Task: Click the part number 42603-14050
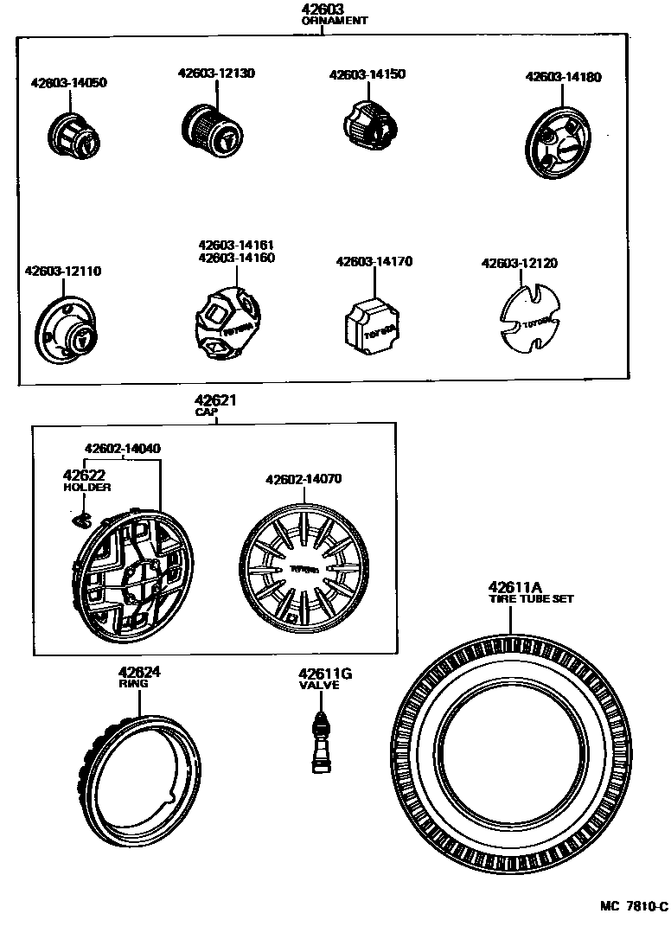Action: click(69, 83)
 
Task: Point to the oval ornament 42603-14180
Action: click(559, 143)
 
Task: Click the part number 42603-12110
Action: click(62, 271)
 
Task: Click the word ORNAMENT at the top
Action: click(334, 21)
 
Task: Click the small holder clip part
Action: click(81, 519)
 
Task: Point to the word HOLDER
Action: click(87, 488)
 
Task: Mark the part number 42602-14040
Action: click(122, 448)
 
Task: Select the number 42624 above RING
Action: click(140, 672)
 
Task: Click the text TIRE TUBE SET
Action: click(530, 598)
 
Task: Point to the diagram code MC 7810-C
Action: click(635, 906)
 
